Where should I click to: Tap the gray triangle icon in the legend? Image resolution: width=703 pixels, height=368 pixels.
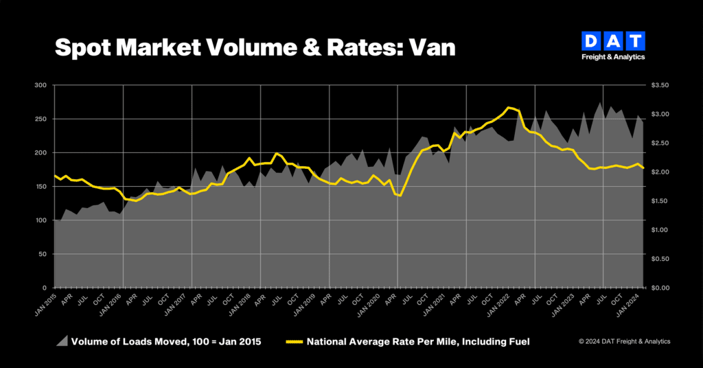click(x=62, y=341)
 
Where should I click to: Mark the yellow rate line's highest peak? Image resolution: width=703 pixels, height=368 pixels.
click(x=508, y=107)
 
